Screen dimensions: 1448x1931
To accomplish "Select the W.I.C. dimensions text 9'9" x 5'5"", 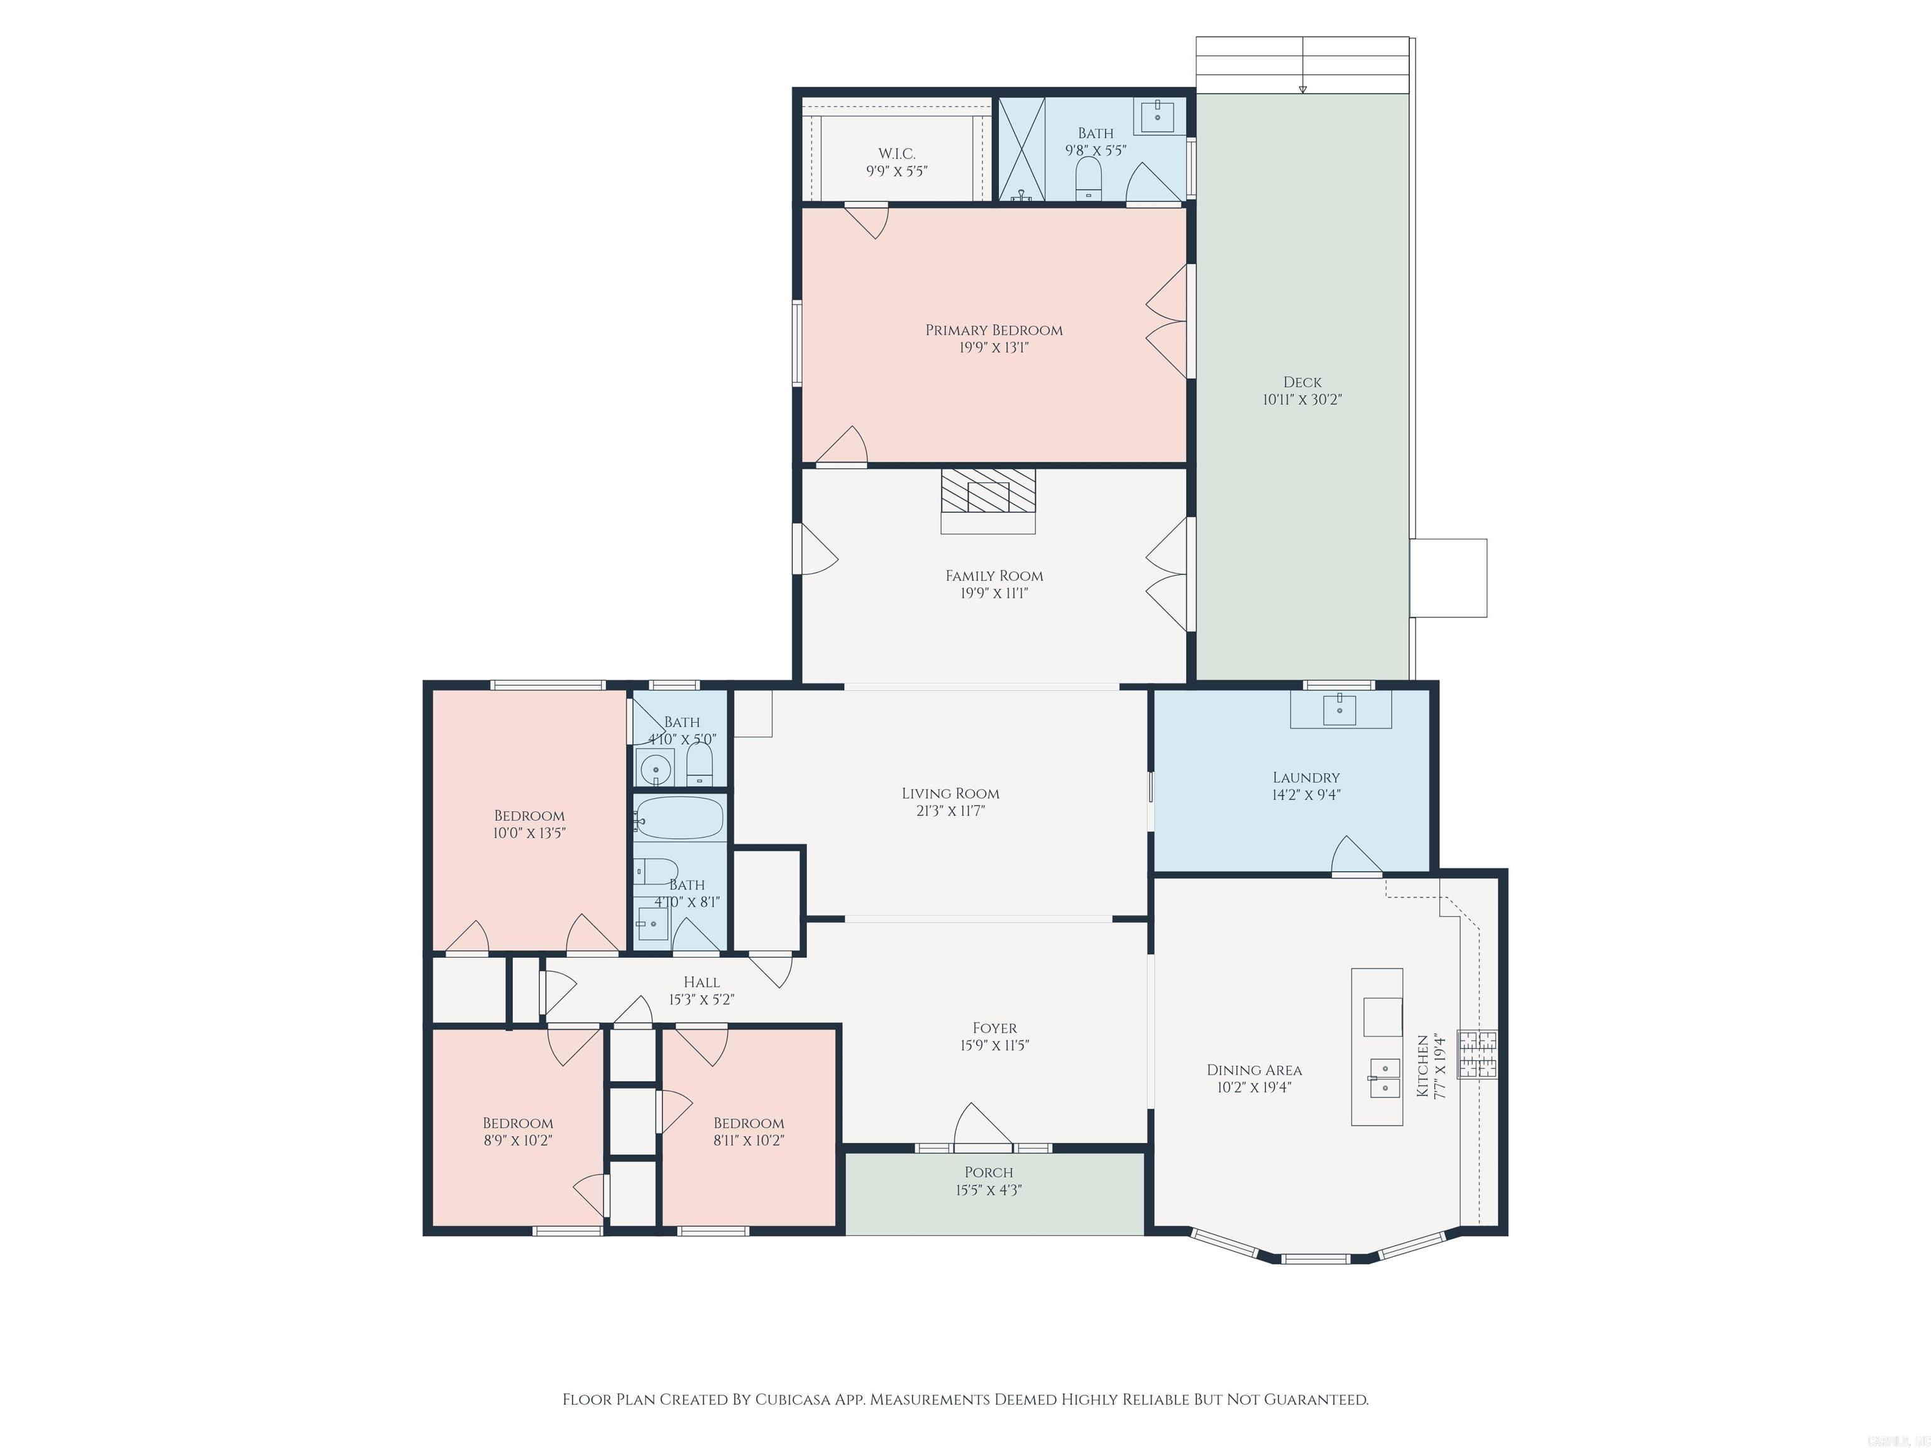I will [896, 171].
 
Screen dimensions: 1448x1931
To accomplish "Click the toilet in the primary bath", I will [1087, 179].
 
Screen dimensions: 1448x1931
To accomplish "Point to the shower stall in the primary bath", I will [1021, 148].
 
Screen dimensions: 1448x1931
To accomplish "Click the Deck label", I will [1302, 382].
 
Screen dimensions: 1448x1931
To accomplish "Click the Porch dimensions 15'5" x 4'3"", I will [988, 1190].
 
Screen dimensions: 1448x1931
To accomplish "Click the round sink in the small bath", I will [653, 770].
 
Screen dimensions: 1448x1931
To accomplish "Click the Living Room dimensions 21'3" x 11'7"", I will [950, 811].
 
